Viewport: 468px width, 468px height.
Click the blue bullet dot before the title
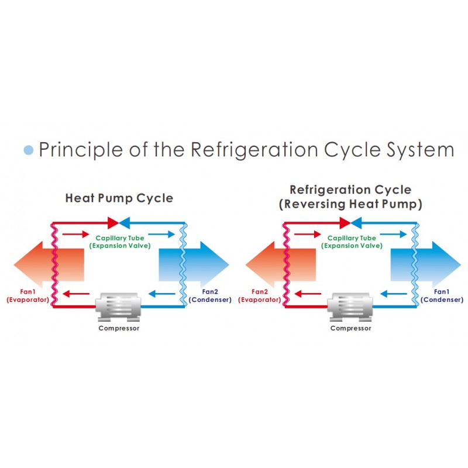tap(29, 150)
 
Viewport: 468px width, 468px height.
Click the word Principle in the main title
tap(81, 150)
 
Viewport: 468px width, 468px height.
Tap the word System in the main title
tap(421, 150)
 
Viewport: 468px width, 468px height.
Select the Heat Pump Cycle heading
tap(119, 198)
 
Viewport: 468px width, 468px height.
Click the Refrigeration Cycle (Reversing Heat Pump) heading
tap(350, 197)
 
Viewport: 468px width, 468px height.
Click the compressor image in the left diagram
tap(119, 307)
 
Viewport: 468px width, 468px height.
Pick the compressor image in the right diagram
tap(350, 307)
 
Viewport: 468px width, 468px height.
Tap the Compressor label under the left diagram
tap(119, 328)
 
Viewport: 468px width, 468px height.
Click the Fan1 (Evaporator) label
tap(27, 296)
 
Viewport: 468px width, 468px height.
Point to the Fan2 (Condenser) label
tap(210, 296)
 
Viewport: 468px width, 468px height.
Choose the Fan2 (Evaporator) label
tap(259, 296)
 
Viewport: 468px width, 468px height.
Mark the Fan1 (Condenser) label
tap(442, 296)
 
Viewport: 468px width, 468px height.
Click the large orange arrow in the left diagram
tap(49, 264)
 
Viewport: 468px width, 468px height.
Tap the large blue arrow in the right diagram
tap(426, 264)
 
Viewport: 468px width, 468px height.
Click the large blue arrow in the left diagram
tap(194, 264)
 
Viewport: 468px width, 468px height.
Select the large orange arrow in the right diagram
tap(281, 264)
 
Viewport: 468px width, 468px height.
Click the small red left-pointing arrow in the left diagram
tap(76, 294)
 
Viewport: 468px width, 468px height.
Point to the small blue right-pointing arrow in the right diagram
tap(393, 235)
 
